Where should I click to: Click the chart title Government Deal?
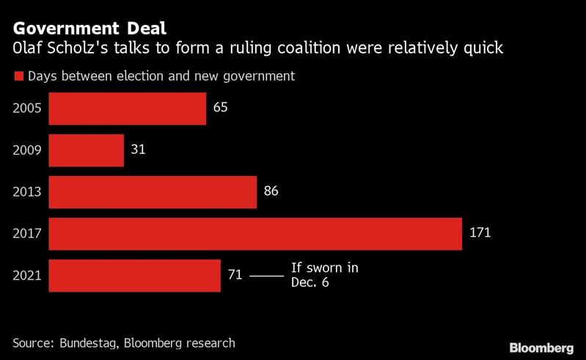89,29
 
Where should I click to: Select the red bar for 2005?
127,109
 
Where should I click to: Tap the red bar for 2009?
87,150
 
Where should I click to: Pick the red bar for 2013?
153,191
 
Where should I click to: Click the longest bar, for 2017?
255,234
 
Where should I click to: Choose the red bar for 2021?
134,276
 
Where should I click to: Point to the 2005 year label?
27,109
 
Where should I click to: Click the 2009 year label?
27,150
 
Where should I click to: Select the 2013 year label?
27,192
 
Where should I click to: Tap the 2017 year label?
27,234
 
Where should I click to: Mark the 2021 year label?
27,276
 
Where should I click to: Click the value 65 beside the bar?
221,108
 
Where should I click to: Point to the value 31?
139,150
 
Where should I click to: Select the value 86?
271,191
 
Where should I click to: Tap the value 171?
480,233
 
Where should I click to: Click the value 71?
235,276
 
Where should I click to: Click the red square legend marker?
18,76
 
